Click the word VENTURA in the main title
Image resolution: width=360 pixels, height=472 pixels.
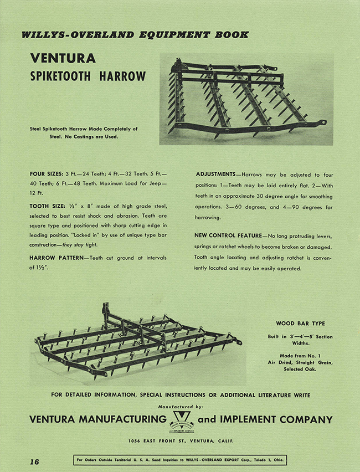(x=64, y=58)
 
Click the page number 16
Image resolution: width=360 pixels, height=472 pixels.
(x=34, y=461)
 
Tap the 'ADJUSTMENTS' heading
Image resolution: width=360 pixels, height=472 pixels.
(x=215, y=174)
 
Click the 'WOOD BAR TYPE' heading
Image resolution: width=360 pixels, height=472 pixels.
(x=300, y=324)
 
